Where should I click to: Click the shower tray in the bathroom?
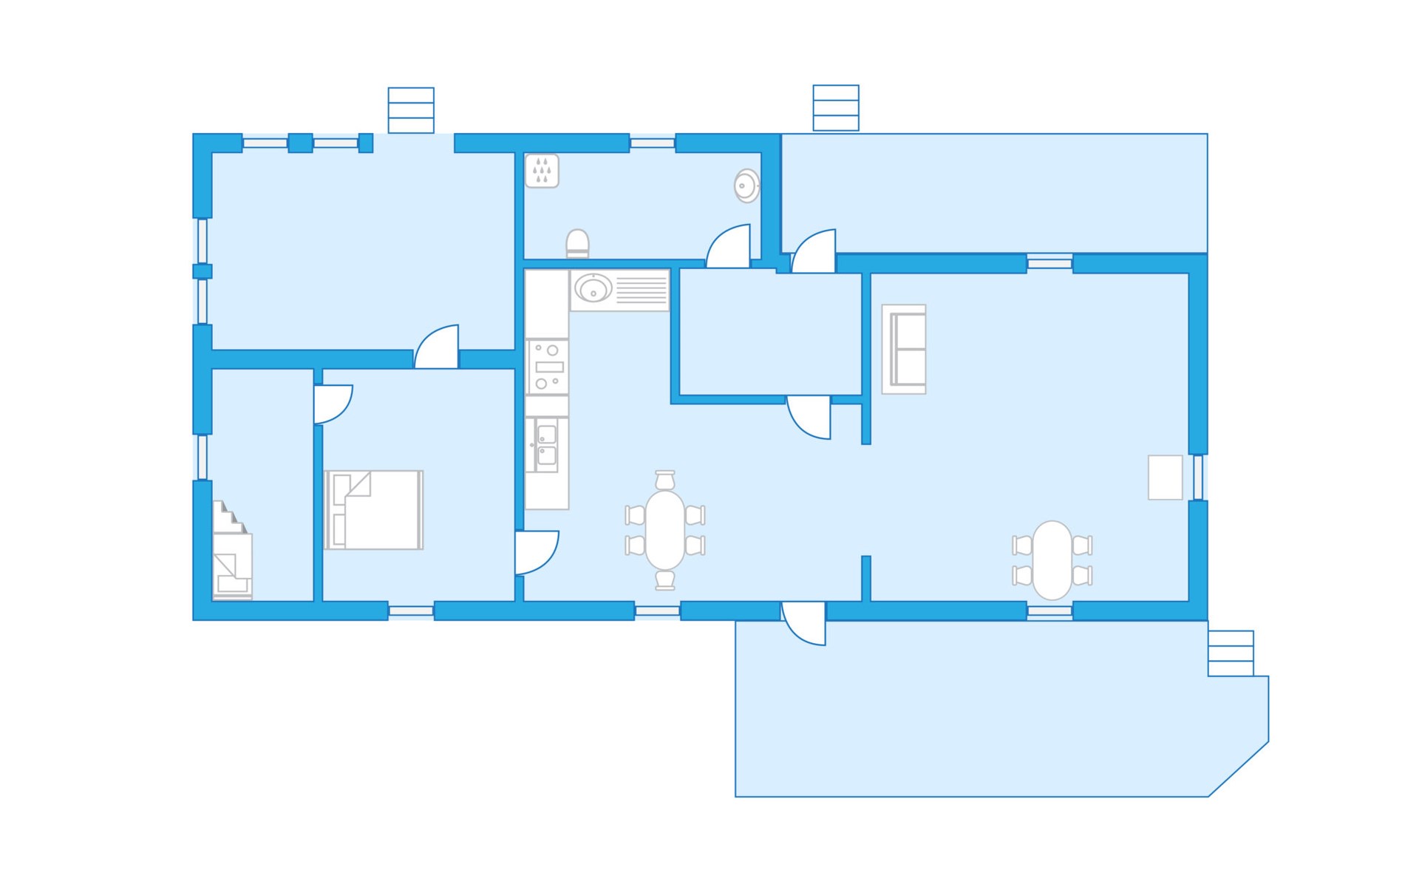point(542,171)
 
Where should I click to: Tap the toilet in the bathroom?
point(577,243)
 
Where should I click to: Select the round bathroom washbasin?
point(747,186)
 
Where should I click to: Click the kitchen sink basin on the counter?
point(593,288)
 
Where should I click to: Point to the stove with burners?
point(547,367)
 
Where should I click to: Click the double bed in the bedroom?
point(374,510)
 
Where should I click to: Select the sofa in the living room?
point(904,349)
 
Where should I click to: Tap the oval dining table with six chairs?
point(665,530)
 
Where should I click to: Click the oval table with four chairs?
point(1052,560)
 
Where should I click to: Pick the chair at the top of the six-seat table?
point(665,480)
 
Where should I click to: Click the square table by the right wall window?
point(1165,478)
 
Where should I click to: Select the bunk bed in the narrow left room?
point(232,550)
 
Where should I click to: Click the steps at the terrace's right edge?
point(1231,653)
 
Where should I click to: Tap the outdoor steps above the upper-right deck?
point(836,108)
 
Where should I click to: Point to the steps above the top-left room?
point(411,110)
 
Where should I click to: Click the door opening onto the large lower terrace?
point(804,623)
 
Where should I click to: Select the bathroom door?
point(729,247)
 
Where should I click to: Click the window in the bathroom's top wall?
point(652,143)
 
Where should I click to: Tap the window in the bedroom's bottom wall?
point(411,611)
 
